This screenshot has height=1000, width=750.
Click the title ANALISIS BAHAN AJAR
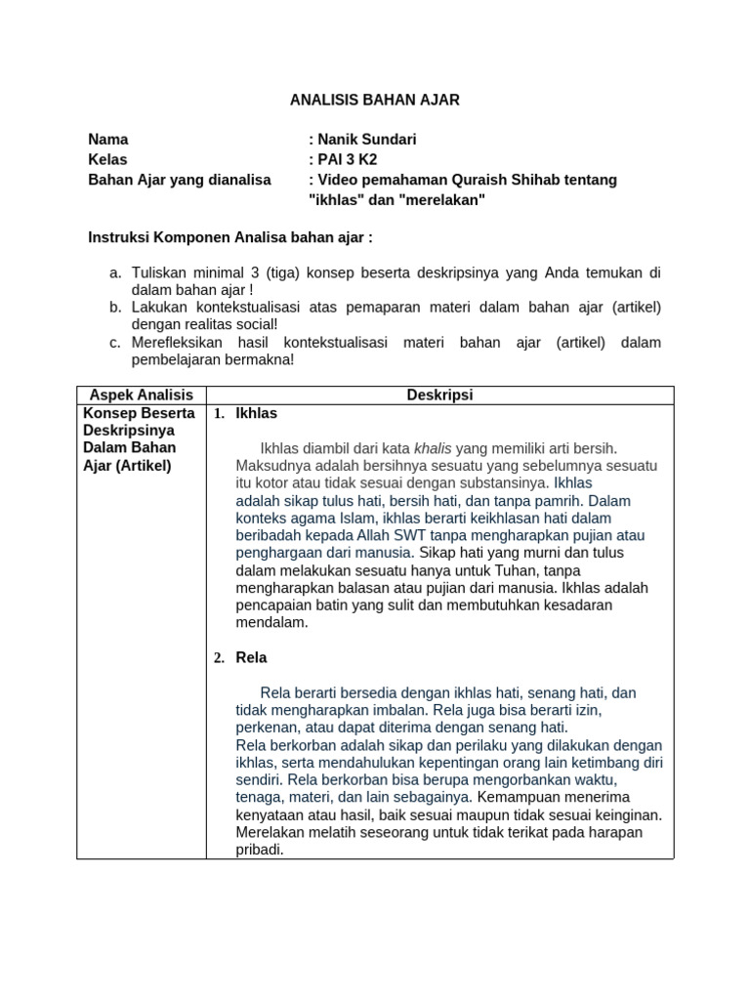tap(375, 100)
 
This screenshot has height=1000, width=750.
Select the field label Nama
tap(107, 140)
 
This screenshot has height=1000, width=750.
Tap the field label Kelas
tap(107, 159)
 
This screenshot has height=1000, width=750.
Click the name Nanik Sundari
tap(366, 140)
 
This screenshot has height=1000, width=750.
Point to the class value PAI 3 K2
tap(347, 159)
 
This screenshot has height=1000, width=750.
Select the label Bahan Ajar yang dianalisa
tap(180, 180)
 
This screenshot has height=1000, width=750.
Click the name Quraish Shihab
tap(517, 180)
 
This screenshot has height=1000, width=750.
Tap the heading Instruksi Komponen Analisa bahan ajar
tap(230, 237)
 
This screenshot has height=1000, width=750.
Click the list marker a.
tap(114, 272)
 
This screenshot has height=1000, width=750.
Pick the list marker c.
tap(114, 343)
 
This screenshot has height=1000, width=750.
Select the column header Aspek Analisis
tap(142, 396)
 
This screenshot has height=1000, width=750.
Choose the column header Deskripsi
tap(438, 396)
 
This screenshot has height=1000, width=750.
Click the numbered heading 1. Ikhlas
tap(246, 413)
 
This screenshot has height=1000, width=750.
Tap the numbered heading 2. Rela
tap(241, 657)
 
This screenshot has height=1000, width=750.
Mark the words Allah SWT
tap(391, 535)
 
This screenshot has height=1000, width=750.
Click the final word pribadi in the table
tap(259, 850)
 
